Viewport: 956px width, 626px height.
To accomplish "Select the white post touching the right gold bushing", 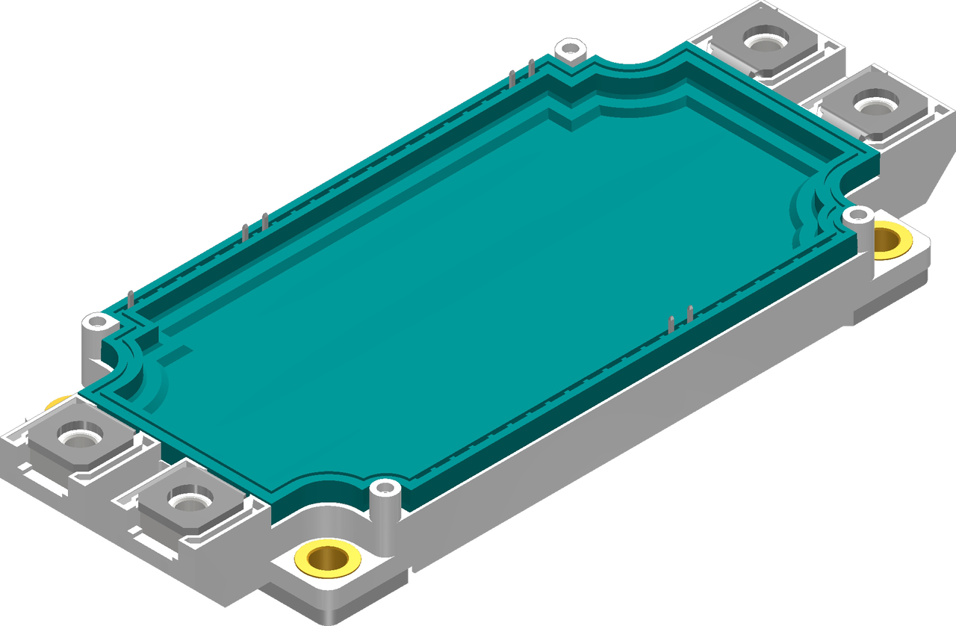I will click(857, 217).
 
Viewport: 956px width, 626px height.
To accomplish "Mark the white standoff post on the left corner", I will click(97, 323).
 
